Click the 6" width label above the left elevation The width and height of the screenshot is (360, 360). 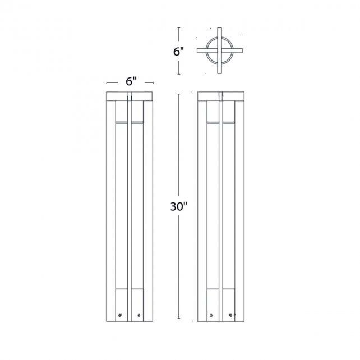[x=131, y=81]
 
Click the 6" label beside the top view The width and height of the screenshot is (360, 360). [x=179, y=52]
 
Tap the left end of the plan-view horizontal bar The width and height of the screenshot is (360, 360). [x=197, y=52]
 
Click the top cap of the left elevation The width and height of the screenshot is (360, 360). [x=131, y=94]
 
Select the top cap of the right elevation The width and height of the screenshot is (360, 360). [x=223, y=94]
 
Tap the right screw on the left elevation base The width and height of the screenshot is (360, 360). [x=138, y=315]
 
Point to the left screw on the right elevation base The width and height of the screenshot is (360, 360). [x=211, y=315]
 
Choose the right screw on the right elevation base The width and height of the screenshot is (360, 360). [x=230, y=315]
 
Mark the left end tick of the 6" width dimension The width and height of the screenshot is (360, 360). [x=107, y=81]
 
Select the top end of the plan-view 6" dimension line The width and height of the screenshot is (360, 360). [x=179, y=27]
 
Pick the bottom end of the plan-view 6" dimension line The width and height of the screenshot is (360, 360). [x=179, y=74]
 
